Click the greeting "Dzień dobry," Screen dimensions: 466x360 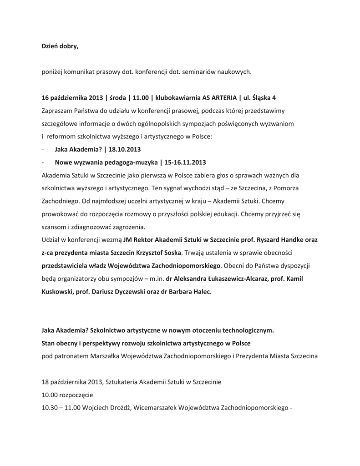point(60,46)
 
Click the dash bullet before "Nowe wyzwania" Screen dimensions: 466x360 point(42,162)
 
